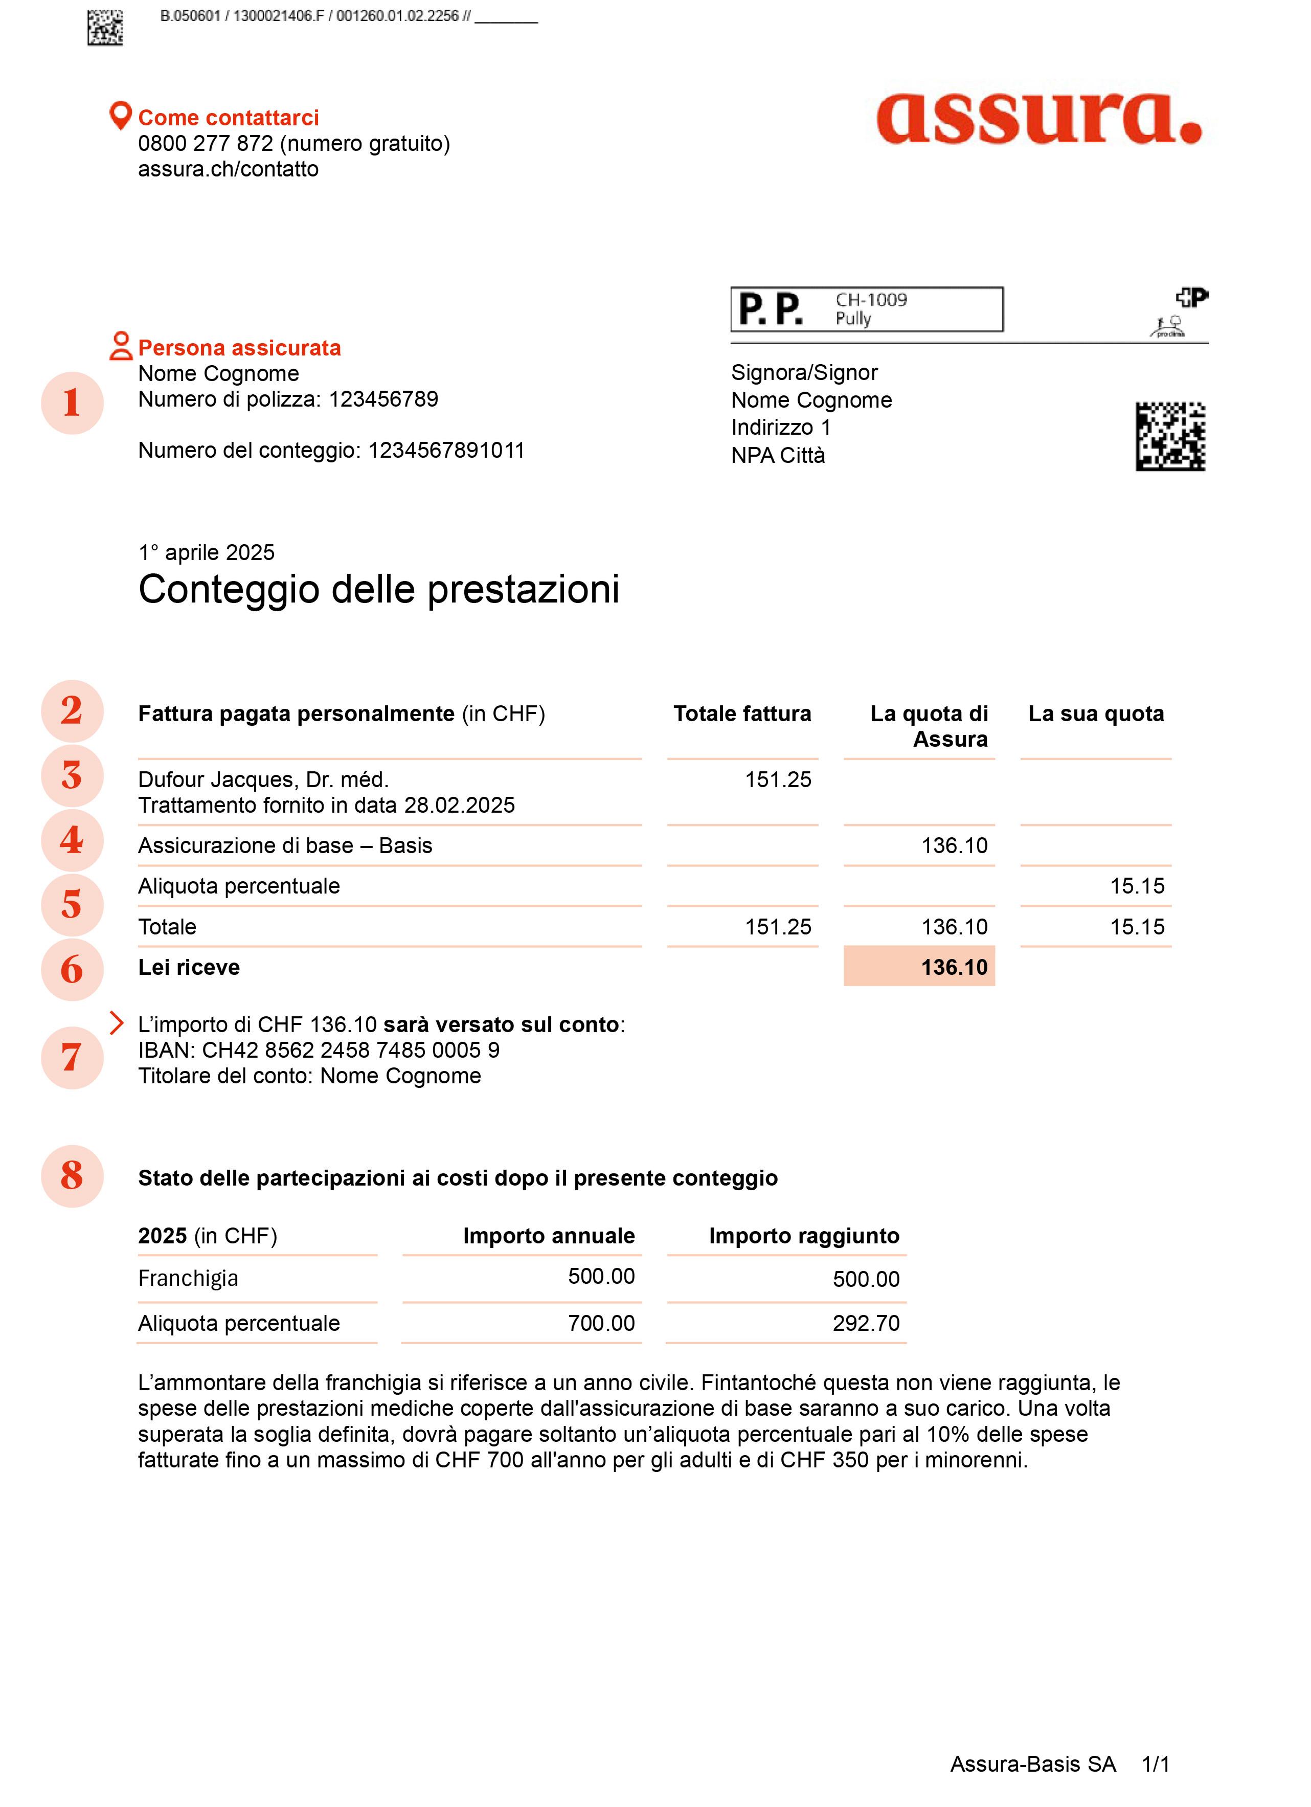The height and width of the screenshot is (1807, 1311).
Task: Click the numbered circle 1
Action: coord(72,403)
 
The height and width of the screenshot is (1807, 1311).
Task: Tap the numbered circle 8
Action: coord(72,1175)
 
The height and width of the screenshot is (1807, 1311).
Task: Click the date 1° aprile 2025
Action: coord(206,552)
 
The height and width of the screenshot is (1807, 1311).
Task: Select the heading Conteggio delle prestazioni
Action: coord(378,590)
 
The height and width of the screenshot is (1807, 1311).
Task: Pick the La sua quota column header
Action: coord(1095,714)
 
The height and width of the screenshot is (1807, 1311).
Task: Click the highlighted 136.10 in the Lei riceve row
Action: coord(954,967)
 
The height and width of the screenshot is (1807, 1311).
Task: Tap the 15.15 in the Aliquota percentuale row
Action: coord(1137,886)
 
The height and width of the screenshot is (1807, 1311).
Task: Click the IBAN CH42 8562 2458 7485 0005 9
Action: coord(350,1050)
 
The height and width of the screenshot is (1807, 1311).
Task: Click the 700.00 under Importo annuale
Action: coord(601,1323)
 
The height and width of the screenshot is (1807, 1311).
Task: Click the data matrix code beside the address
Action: coord(1169,437)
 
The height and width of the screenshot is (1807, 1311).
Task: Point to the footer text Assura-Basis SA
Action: coord(1032,1765)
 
